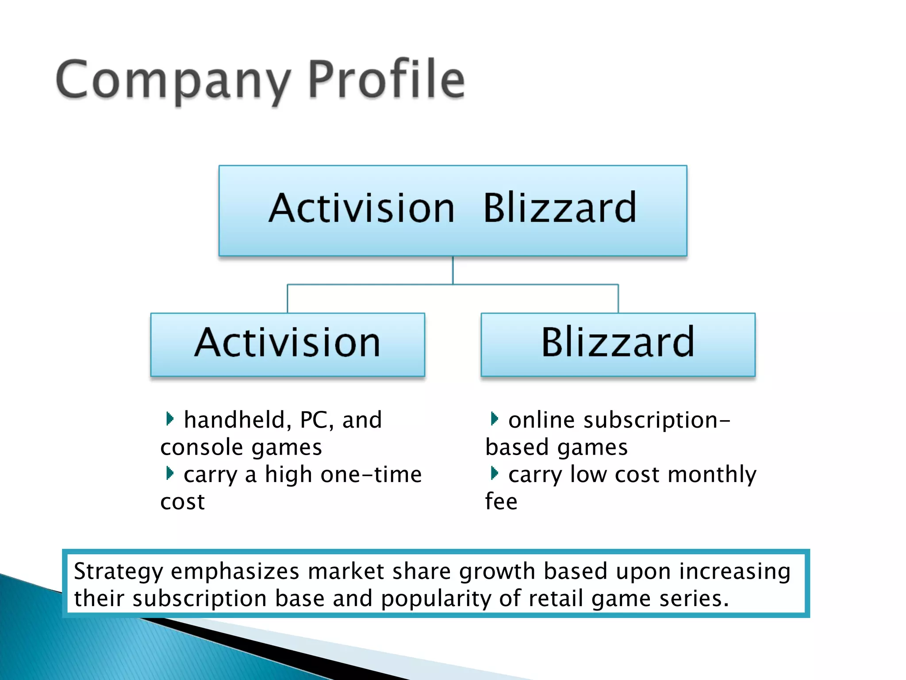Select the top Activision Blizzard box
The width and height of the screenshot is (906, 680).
tap(453, 211)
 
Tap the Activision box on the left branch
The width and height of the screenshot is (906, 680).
tap(288, 344)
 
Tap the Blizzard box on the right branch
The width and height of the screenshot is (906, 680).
tap(618, 344)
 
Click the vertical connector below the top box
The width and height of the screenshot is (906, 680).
tap(453, 270)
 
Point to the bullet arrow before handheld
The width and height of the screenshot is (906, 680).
tap(169, 418)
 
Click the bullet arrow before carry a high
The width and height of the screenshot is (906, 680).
tap(169, 473)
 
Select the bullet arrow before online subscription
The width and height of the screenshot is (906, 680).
tap(494, 418)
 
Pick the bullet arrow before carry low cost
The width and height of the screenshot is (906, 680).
tap(494, 473)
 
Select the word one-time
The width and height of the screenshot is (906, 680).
tap(371, 475)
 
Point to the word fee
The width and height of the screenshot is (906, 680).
tap(501, 502)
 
